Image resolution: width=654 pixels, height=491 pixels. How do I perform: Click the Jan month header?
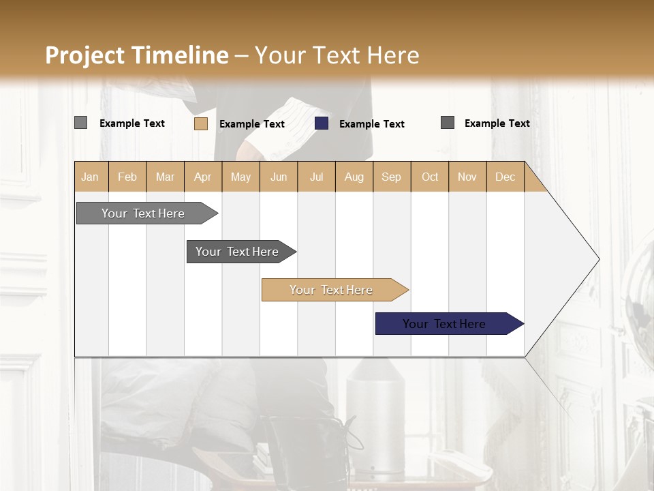90,177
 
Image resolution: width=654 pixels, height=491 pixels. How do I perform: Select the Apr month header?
203,177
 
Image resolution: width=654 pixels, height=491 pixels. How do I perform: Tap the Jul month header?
316,177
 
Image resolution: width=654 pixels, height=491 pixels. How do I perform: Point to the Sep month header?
391,177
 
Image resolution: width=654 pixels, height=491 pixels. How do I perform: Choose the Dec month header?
505,177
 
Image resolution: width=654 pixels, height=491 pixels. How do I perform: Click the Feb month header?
127,177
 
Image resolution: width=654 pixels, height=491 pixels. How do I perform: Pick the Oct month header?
430,177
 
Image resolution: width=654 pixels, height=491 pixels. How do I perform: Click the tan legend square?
200,123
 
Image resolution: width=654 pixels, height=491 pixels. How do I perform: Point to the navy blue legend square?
322,123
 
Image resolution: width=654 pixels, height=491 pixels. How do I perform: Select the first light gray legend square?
80,123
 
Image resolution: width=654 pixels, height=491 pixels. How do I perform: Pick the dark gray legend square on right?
448,123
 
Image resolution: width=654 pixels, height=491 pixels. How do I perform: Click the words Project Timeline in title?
136,55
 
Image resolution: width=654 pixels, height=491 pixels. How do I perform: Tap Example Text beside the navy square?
372,124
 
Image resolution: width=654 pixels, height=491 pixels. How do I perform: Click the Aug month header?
354,177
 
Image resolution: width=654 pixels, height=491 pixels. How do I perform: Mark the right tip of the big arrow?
598,259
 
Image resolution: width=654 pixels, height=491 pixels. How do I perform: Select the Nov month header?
467,177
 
